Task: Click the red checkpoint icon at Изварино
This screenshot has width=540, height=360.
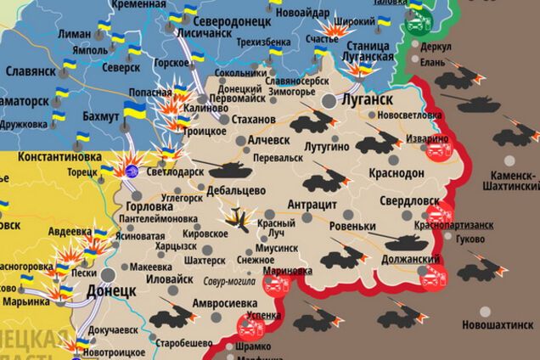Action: (436, 151)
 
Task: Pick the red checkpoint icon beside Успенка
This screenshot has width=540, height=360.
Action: (247, 327)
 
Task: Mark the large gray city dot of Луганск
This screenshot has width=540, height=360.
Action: (329, 101)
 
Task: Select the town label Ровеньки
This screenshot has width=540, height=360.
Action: (354, 227)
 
